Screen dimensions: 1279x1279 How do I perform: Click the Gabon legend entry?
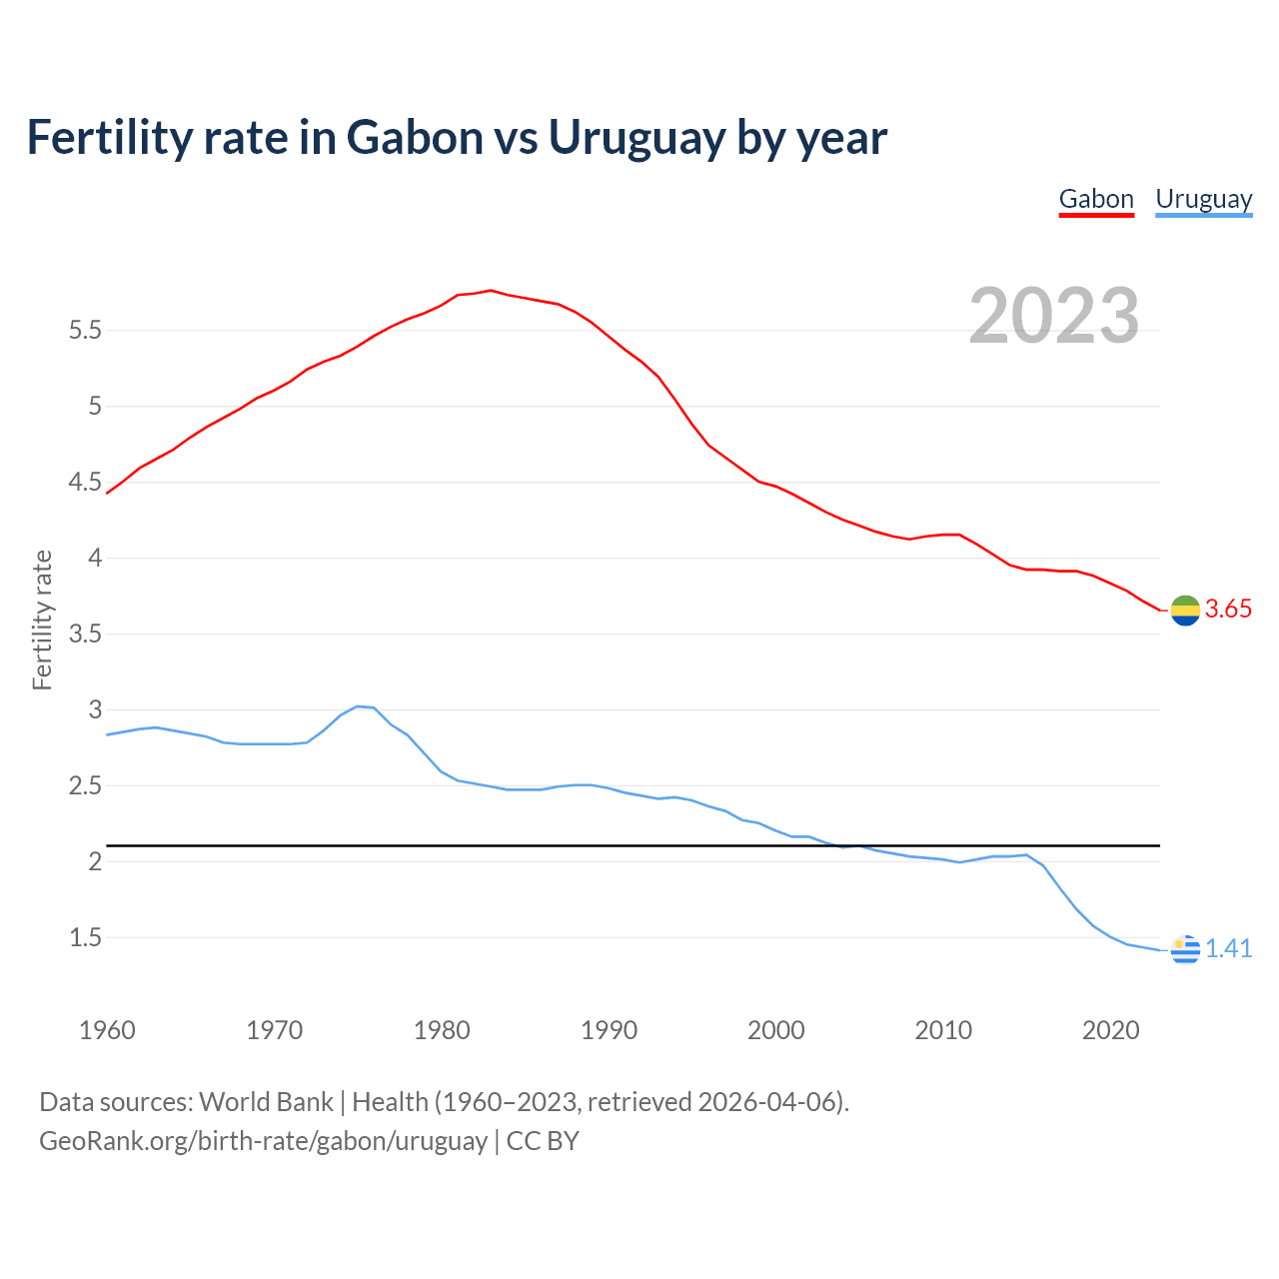pyautogui.click(x=1096, y=199)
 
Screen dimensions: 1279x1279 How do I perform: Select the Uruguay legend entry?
pyautogui.click(x=1203, y=199)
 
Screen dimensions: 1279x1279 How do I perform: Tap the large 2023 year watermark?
pyautogui.click(x=1054, y=316)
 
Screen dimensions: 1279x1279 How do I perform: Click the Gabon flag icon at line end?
pyautogui.click(x=1185, y=610)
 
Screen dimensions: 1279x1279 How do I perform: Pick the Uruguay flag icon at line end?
pyautogui.click(x=1185, y=949)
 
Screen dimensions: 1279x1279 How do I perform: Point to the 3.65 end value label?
pyautogui.click(x=1228, y=610)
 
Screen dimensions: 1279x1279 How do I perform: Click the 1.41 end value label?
pyautogui.click(x=1228, y=949)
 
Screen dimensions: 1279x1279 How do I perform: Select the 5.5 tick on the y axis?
pyautogui.click(x=85, y=331)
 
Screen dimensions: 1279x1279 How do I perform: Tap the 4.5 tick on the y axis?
pyautogui.click(x=85, y=483)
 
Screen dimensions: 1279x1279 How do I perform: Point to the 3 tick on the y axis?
pyautogui.click(x=96, y=710)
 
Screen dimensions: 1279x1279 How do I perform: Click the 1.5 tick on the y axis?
pyautogui.click(x=85, y=938)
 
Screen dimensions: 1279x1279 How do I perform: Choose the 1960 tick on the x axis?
pyautogui.click(x=107, y=1030)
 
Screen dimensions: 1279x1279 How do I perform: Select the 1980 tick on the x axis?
pyautogui.click(x=442, y=1030)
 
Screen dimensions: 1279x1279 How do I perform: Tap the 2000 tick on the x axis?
pyautogui.click(x=776, y=1030)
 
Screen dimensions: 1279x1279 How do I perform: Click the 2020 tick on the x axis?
pyautogui.click(x=1110, y=1030)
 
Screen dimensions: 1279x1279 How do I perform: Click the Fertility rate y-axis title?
pyautogui.click(x=42, y=620)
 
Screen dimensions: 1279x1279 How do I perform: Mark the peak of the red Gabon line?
pyautogui.click(x=491, y=290)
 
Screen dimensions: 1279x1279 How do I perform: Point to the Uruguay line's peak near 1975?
pyautogui.click(x=358, y=706)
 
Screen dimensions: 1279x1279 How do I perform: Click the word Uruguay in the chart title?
pyautogui.click(x=636, y=138)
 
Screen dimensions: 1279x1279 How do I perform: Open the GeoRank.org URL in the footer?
pyautogui.click(x=263, y=1141)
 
